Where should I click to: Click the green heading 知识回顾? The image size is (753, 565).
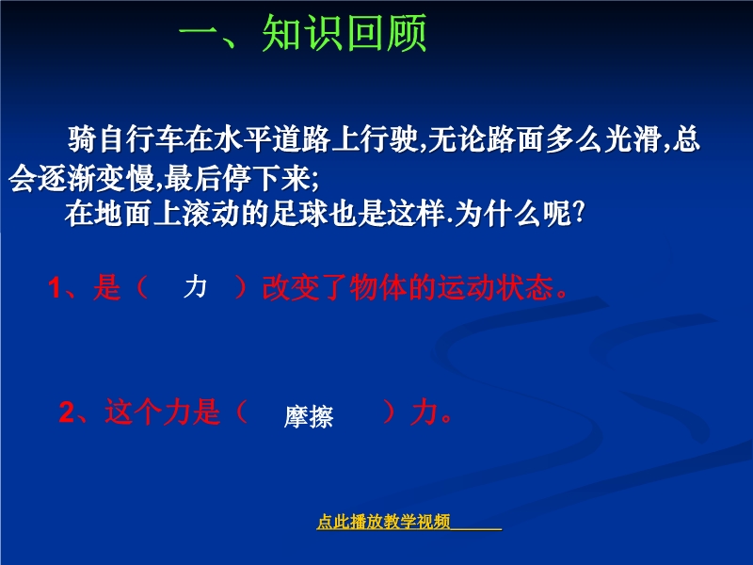coord(344,33)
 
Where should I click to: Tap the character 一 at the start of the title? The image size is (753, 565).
coord(198,33)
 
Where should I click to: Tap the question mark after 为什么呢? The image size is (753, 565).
coord(579,213)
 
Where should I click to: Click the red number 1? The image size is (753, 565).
coord(55,289)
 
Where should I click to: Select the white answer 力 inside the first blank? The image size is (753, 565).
coord(195,287)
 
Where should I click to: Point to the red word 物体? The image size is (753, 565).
coord(378,288)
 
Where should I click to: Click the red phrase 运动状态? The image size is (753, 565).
coord(495,288)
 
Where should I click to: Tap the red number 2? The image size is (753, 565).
coord(67,412)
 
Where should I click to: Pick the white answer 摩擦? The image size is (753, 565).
coord(309,417)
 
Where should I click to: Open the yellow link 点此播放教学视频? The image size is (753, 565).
coord(383,522)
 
